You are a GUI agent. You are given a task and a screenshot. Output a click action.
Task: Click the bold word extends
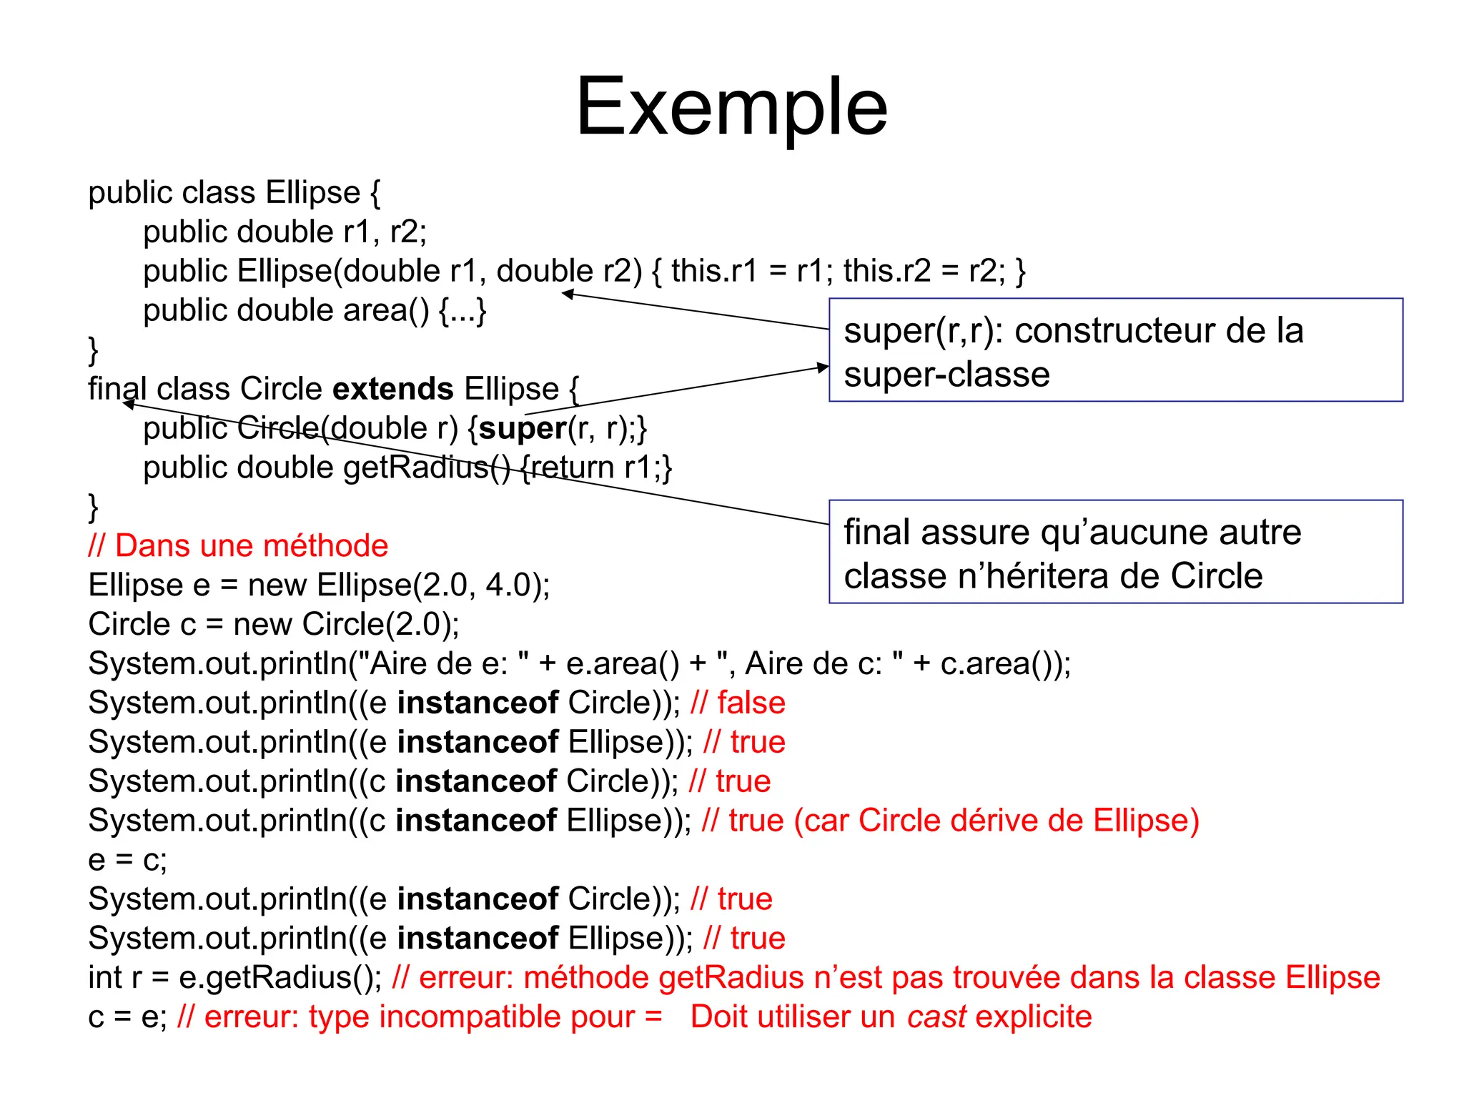pos(393,390)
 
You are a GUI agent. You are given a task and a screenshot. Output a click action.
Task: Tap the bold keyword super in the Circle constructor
pos(523,429)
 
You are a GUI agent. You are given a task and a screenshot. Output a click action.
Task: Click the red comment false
pos(751,703)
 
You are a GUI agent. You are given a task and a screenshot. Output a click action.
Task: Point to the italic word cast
pos(936,1017)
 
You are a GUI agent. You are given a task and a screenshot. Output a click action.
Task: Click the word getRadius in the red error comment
pos(731,978)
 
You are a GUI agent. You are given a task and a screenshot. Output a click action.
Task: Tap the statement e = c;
pos(127,860)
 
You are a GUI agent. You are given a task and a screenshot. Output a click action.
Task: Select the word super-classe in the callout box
pos(946,375)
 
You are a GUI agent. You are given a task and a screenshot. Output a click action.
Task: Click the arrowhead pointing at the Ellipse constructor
pos(568,293)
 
